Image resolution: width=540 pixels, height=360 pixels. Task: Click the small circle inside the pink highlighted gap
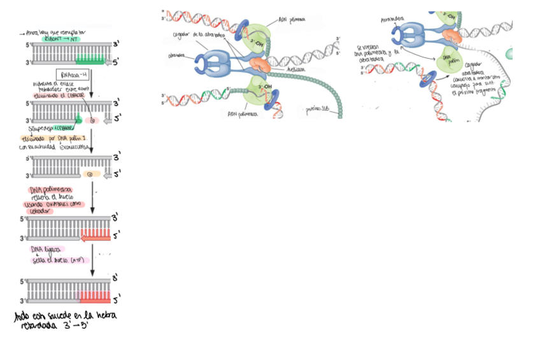(x=92, y=120)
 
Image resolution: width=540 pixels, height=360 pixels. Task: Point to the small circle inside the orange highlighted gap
(x=90, y=173)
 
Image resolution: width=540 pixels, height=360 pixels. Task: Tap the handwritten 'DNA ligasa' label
(x=50, y=250)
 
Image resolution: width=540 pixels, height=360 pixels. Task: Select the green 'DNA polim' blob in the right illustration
(x=450, y=61)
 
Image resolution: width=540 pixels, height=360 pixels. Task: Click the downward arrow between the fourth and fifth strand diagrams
(x=92, y=261)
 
